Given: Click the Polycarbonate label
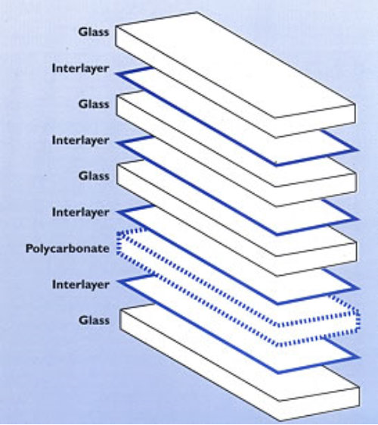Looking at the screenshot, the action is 67,248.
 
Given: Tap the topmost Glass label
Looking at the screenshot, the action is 94,32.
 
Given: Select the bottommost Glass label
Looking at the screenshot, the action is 94,320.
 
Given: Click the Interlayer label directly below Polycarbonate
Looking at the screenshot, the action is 81,285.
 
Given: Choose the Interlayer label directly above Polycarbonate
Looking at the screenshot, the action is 81,212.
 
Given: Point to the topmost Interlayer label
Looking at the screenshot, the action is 81,69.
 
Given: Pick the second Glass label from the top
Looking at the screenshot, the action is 94,104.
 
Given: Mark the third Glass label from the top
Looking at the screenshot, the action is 94,177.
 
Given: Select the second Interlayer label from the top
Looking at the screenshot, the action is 81,141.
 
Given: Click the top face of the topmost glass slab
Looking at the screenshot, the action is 235,65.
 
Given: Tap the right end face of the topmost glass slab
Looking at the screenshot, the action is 315,121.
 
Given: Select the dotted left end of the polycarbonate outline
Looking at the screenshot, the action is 119,243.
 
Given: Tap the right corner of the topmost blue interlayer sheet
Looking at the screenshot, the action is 358,149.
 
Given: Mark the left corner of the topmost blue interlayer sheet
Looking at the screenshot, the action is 117,73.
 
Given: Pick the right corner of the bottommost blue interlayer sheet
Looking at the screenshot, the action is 358,358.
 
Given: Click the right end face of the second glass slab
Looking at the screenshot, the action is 316,189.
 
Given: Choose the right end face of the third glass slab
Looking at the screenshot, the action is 316,259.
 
